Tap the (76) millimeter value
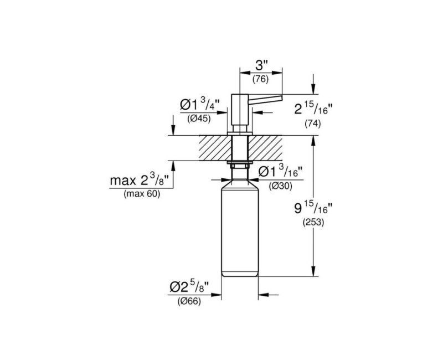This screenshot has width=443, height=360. (x=260, y=79)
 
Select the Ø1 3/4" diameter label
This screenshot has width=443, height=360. (x=200, y=104)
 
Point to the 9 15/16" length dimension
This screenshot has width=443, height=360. (x=313, y=208)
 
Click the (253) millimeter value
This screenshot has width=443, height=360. (x=313, y=223)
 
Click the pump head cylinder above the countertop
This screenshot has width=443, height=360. (x=239, y=110)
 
